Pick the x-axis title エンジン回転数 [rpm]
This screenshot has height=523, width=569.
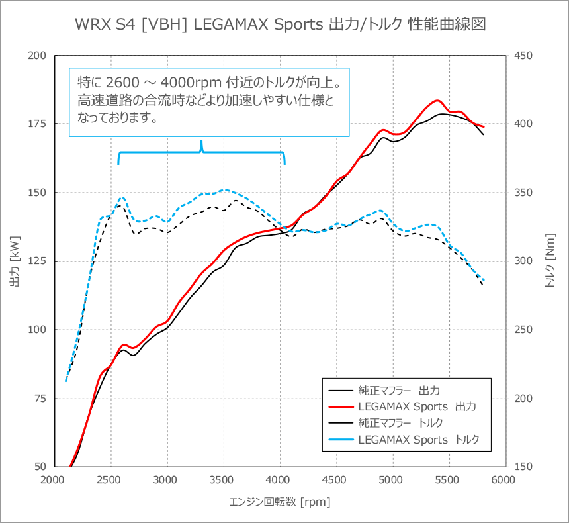pos(279,502)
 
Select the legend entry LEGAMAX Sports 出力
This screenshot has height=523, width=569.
pos(417,405)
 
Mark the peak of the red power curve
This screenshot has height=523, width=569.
pos(437,100)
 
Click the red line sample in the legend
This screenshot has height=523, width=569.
pos(339,405)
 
